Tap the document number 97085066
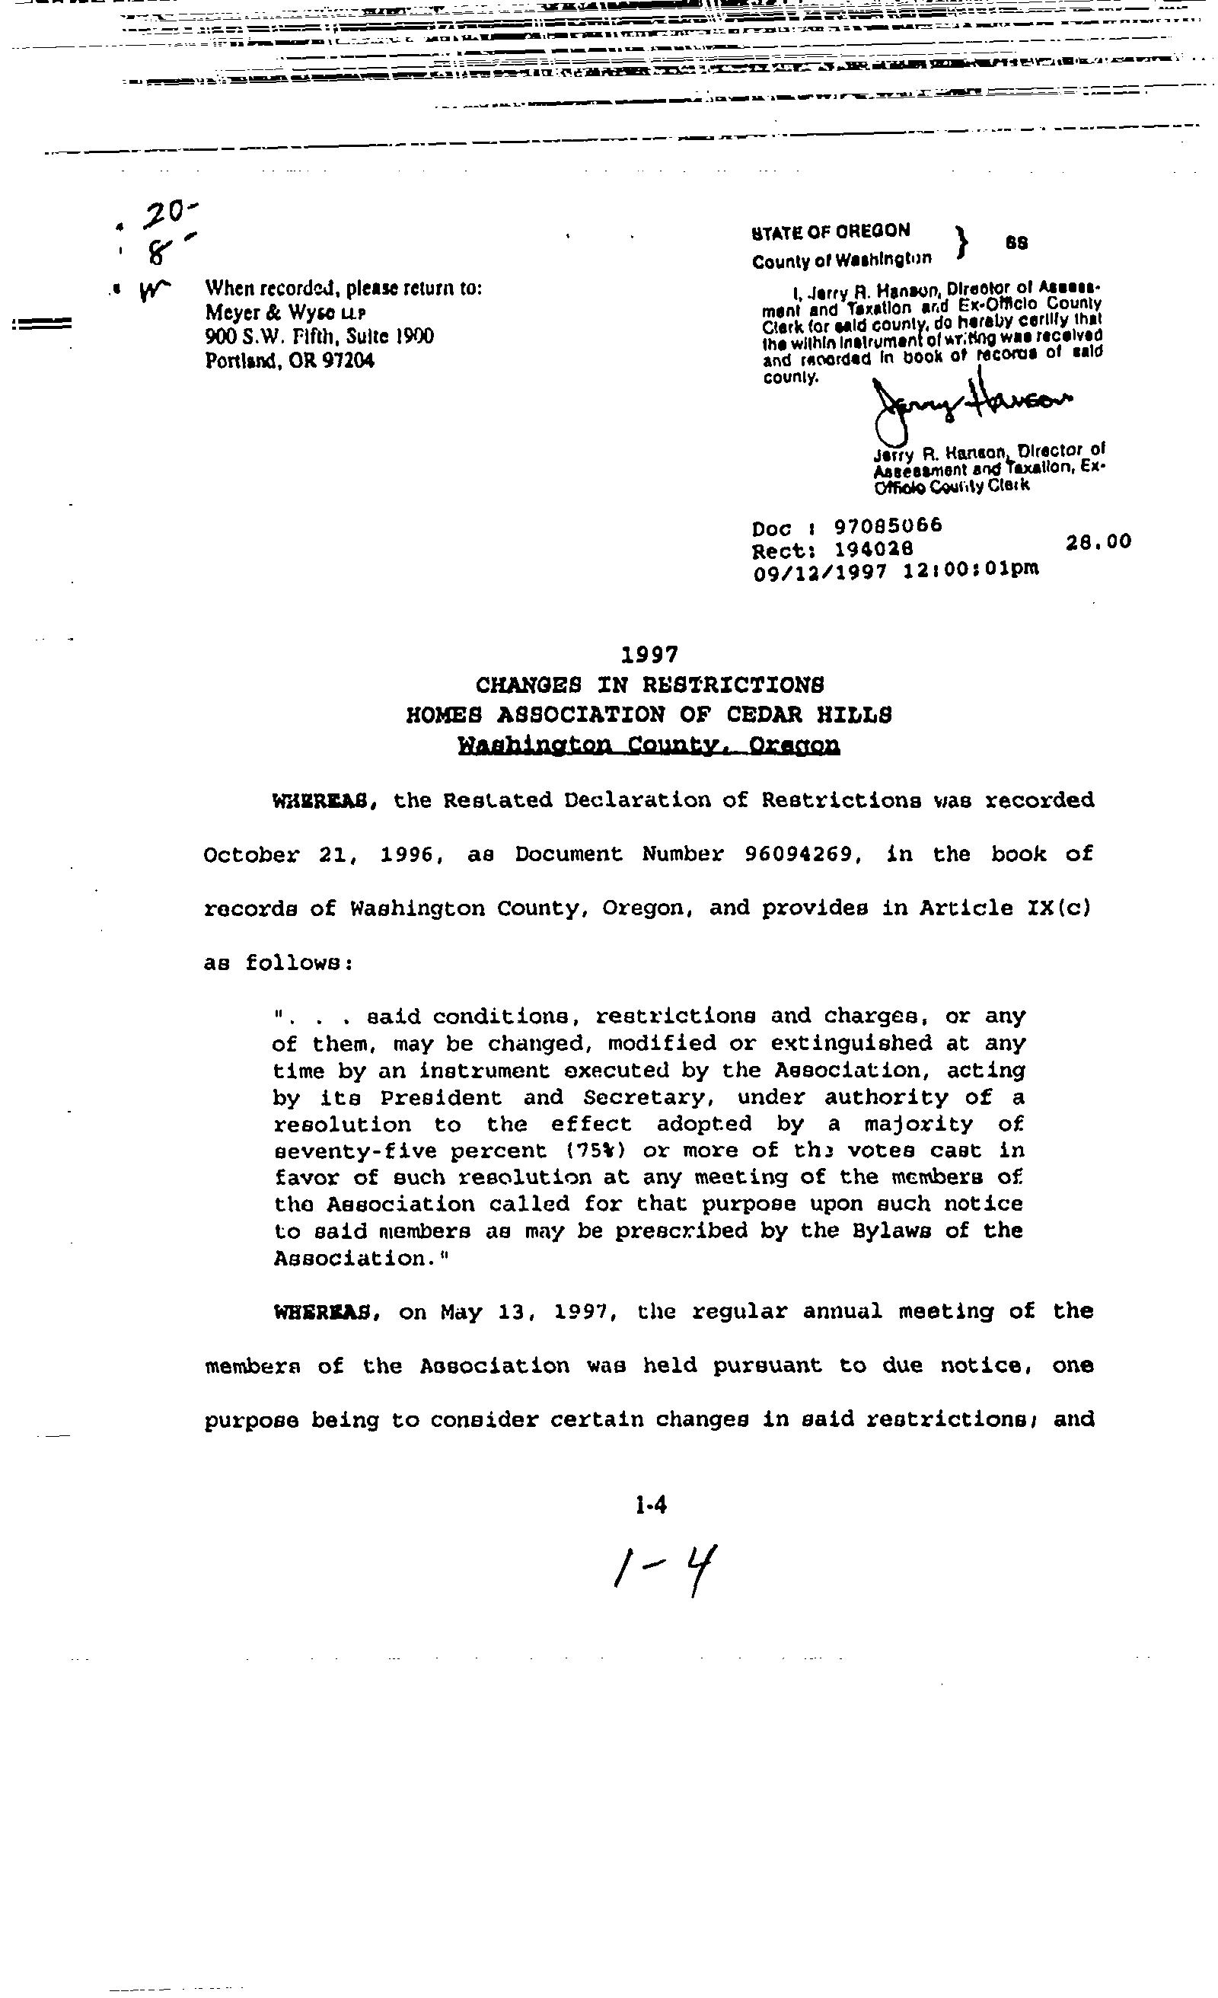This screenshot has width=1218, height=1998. coord(888,526)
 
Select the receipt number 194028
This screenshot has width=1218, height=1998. coord(873,549)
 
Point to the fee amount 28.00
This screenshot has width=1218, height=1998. coord(1098,542)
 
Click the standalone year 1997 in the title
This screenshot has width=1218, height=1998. coord(649,653)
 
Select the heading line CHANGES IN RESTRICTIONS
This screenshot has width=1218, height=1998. coord(649,685)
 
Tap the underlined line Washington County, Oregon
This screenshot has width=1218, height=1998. coord(649,745)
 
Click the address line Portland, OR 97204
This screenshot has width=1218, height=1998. coord(289,361)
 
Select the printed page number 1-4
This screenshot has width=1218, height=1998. coord(651,1506)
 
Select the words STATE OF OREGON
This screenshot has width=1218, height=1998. coord(831,231)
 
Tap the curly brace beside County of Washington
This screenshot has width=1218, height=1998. coord(962,241)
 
